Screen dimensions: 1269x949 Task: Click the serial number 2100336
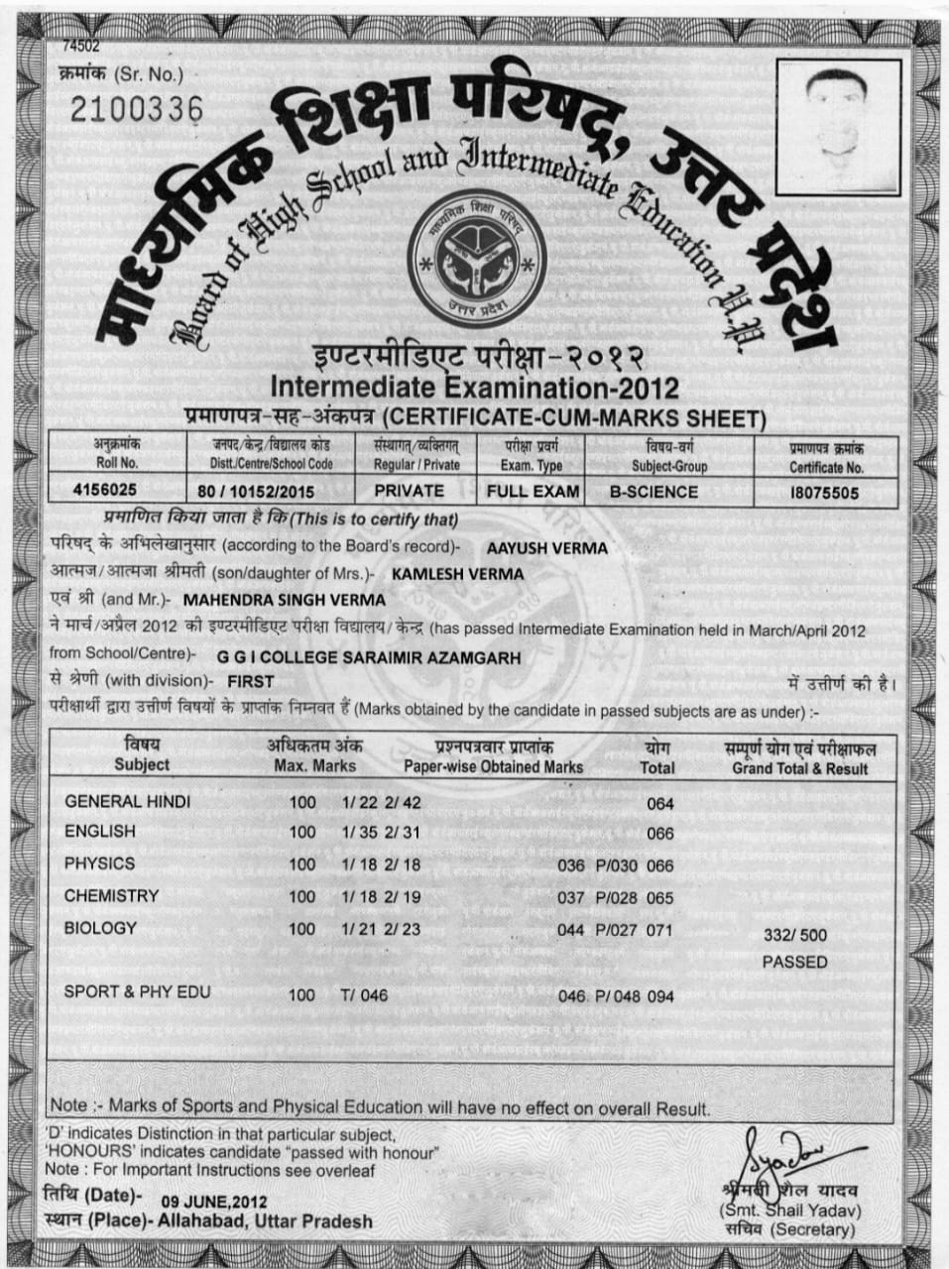[136, 110]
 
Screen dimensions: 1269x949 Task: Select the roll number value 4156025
[105, 491]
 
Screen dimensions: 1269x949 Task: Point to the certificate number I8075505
[824, 493]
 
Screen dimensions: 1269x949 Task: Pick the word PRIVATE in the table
[409, 491]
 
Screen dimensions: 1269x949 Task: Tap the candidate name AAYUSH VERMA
[546, 547]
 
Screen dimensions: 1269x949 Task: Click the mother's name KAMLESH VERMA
[457, 573]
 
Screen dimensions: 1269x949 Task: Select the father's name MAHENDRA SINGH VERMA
[285, 600]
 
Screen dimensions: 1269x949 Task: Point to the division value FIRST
[251, 682]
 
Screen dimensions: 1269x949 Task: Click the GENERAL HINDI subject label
[127, 801]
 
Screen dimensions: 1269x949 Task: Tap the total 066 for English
[659, 834]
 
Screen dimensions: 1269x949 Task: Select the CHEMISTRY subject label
[111, 896]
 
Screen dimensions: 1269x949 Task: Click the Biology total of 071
[659, 931]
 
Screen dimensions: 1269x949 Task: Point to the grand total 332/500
[794, 935]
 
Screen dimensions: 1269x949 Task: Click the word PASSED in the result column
[794, 962]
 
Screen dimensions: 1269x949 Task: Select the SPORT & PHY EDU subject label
[137, 991]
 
